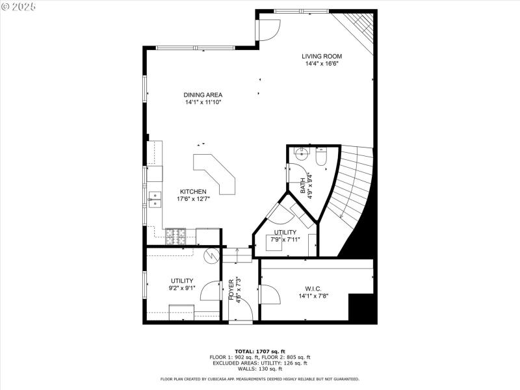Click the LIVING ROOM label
click(322, 56)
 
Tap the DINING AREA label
click(203, 95)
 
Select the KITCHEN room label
click(193, 192)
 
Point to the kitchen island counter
click(218, 172)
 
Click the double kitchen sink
click(155, 200)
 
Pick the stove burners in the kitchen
click(174, 236)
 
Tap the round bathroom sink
click(300, 155)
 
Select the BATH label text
click(304, 186)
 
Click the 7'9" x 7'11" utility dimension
click(284, 240)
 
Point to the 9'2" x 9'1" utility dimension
click(182, 289)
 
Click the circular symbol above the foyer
click(211, 255)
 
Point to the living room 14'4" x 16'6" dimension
click(322, 64)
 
